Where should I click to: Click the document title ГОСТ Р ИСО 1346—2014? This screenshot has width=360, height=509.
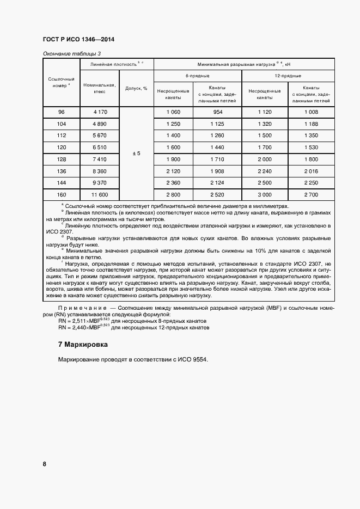click(x=77, y=40)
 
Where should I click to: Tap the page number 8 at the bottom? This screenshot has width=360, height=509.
click(x=44, y=464)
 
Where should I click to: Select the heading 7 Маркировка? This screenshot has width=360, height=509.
click(x=83, y=345)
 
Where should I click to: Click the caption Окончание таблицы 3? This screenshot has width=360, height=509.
click(x=71, y=53)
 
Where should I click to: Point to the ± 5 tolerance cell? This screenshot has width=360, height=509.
click(x=136, y=154)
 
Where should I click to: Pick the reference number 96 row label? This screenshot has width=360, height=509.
click(x=61, y=112)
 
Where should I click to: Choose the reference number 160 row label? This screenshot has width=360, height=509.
click(x=61, y=194)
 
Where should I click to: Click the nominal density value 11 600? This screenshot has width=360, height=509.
click(x=99, y=194)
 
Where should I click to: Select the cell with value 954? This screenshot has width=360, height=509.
click(x=217, y=112)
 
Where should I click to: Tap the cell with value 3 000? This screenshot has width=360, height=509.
click(x=264, y=194)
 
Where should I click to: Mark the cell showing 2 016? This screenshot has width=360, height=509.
click(x=311, y=170)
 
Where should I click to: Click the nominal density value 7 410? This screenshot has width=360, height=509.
click(x=99, y=159)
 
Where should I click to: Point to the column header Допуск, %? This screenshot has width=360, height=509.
click(x=136, y=88)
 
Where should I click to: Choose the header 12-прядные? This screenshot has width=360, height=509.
click(x=288, y=76)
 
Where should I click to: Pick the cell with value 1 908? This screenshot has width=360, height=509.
click(x=217, y=170)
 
